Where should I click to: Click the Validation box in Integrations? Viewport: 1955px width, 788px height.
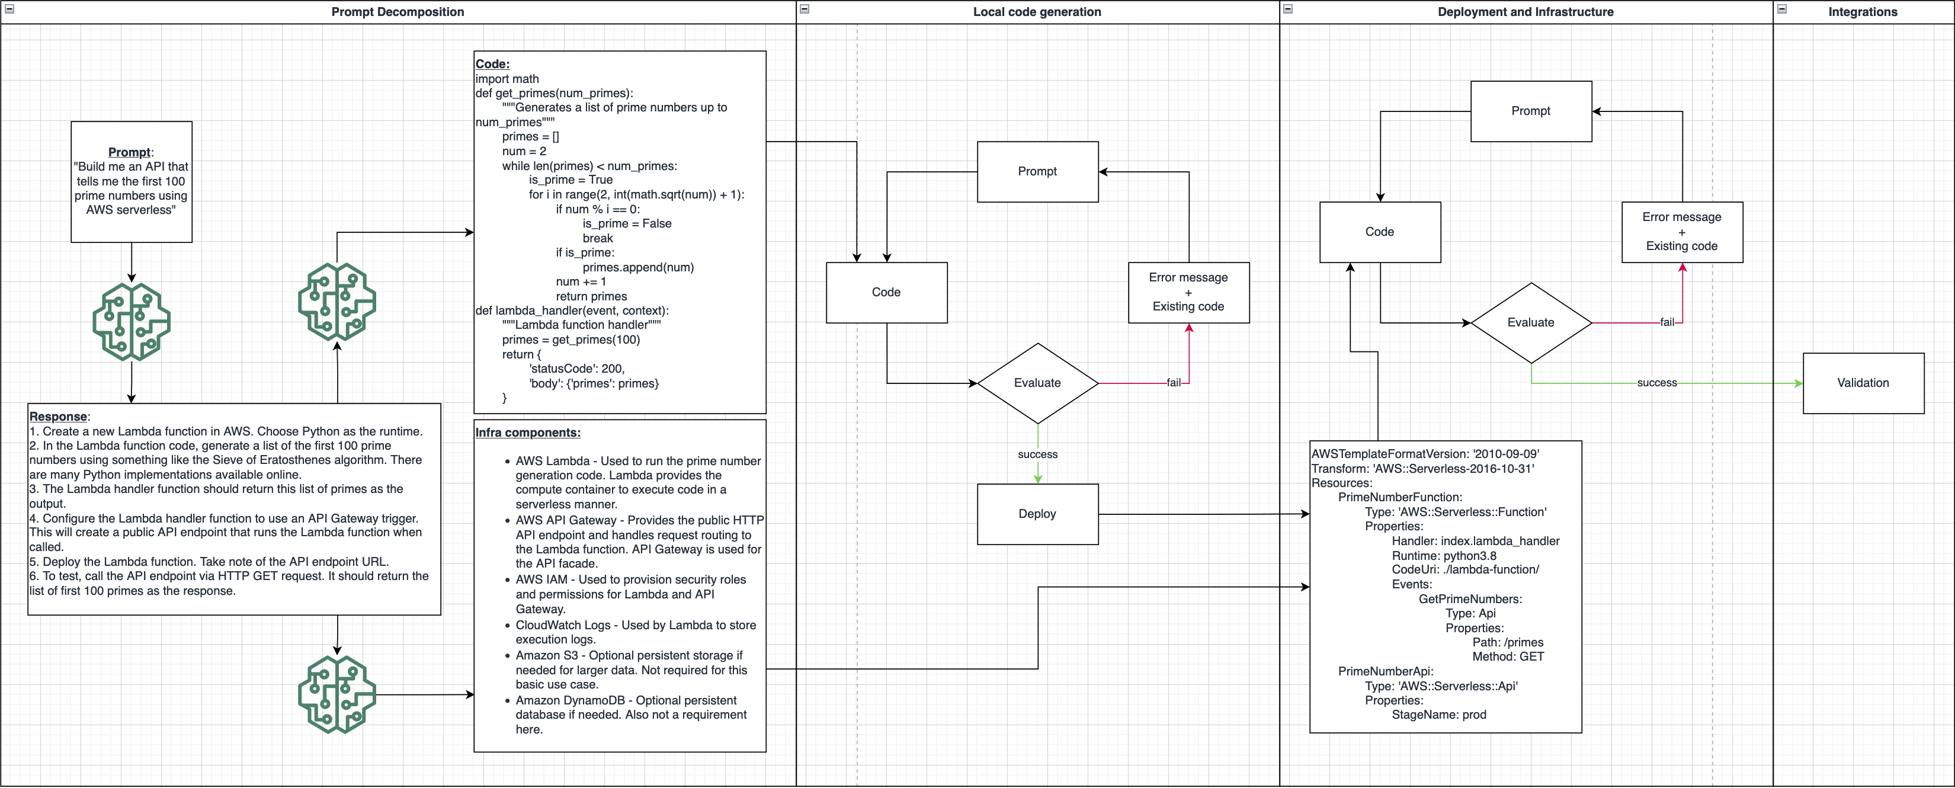(x=1863, y=383)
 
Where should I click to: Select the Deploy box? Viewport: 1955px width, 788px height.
(x=1037, y=514)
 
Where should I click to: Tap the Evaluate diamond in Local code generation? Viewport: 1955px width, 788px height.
(x=1037, y=383)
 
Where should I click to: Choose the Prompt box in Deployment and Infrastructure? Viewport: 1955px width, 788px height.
(x=1531, y=111)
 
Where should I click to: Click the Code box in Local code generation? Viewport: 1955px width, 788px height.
(x=886, y=292)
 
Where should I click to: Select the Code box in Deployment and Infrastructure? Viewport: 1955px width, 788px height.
(x=1380, y=232)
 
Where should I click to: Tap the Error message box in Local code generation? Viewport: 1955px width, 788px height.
(x=1188, y=292)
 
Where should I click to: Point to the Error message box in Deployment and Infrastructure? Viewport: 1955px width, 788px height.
(x=1682, y=232)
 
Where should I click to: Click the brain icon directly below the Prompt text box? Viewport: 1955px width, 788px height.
(x=132, y=321)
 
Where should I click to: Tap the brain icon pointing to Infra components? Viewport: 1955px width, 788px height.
(x=337, y=694)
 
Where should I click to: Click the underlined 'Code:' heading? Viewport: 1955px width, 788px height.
(x=492, y=65)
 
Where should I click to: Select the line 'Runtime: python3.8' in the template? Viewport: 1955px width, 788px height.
(x=1444, y=556)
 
